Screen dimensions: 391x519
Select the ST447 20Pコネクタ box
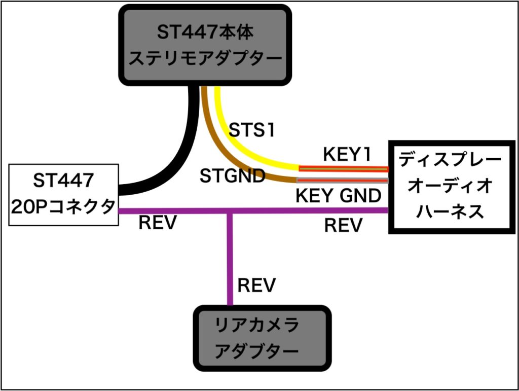64,194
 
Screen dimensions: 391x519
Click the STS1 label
251,130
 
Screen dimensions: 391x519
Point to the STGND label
233,176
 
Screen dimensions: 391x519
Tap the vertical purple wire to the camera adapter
230,259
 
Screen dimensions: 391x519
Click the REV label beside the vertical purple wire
256,285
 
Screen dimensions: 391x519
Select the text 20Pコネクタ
64,207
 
